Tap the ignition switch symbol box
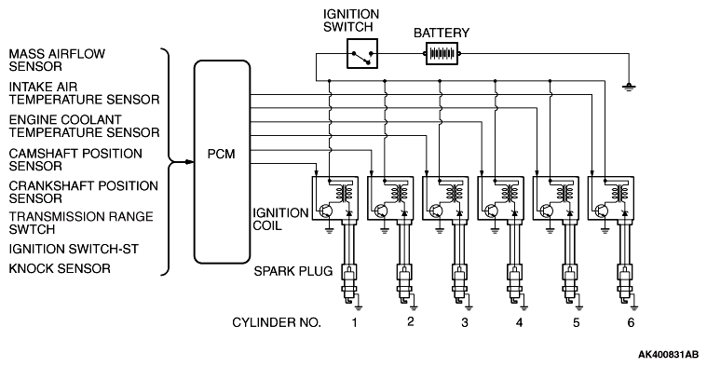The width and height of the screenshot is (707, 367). click(362, 54)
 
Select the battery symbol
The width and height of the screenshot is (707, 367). click(442, 54)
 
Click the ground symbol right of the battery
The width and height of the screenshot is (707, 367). click(629, 86)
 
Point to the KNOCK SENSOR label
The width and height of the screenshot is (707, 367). click(60, 268)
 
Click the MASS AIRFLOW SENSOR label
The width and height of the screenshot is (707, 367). click(57, 60)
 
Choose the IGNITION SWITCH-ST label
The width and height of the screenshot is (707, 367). click(74, 249)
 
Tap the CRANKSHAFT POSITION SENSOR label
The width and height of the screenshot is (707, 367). click(84, 192)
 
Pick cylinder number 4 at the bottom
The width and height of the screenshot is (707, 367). click(520, 322)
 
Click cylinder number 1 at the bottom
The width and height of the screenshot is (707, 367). click(355, 322)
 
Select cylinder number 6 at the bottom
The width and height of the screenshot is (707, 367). click(631, 322)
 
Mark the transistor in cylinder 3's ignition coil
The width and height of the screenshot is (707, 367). click(437, 211)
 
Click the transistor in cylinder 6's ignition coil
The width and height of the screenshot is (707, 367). click(602, 211)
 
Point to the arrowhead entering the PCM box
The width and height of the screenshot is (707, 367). click(189, 162)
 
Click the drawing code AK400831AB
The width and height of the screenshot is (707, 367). click(668, 354)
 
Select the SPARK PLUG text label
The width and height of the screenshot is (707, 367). click(293, 271)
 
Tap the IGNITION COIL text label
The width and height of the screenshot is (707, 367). click(280, 219)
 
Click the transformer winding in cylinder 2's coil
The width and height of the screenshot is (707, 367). click(397, 193)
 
